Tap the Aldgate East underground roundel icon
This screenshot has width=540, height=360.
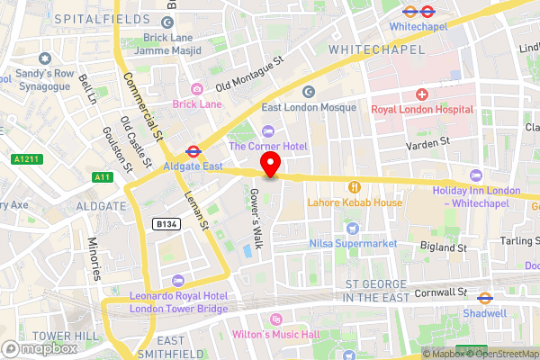(193, 151)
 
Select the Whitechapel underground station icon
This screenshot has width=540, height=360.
(409, 12)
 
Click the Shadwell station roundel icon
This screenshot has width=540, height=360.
(484, 298)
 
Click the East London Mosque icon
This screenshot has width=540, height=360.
(309, 91)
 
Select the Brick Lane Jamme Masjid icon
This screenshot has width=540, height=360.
(166, 23)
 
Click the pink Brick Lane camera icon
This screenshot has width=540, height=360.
(196, 88)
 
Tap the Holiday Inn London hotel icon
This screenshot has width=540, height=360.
(476, 175)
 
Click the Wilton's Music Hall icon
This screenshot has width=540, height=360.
(276, 319)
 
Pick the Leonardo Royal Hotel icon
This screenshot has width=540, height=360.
(177, 281)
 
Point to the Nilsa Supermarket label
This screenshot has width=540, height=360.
(353, 244)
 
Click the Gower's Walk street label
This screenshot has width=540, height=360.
(256, 212)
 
